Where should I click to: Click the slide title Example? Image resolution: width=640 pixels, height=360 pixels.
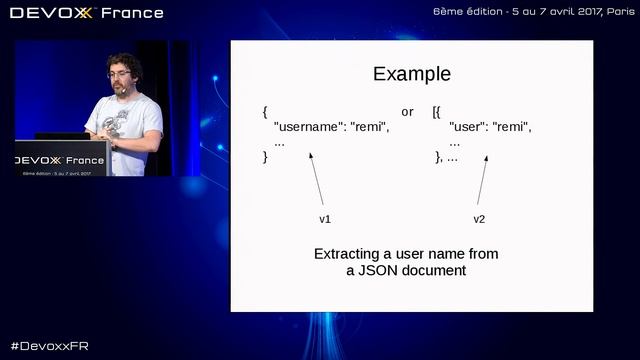tap(411, 74)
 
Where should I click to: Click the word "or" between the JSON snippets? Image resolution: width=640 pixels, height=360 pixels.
tap(407, 111)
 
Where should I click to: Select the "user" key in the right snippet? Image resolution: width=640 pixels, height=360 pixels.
tap(466, 127)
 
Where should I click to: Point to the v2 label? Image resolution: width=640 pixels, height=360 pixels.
tap(479, 218)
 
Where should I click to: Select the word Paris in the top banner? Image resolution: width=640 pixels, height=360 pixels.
tap(614, 12)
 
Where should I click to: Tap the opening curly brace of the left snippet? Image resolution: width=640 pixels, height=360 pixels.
tap(265, 111)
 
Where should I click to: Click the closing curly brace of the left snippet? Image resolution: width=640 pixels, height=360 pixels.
tap(265, 157)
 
